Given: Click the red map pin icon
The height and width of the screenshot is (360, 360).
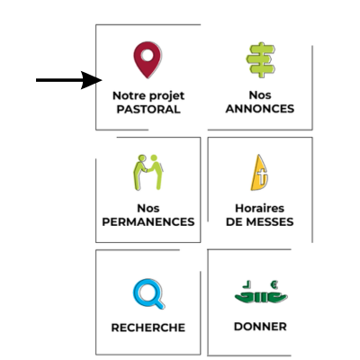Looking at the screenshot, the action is click(148, 60).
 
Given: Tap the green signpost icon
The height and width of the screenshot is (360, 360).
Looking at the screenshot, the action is click(261, 59).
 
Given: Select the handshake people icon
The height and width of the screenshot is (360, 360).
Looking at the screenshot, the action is click(148, 173).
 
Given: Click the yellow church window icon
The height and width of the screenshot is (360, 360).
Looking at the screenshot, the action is click(259, 173).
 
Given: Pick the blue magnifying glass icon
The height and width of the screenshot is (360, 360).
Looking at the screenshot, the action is click(148, 293).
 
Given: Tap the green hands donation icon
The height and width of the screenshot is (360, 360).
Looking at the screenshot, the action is click(261, 292).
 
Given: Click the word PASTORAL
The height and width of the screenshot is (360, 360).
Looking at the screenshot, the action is click(148, 109).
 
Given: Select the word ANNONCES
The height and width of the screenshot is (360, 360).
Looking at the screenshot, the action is click(260, 109).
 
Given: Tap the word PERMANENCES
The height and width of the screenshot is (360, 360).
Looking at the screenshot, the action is click(148, 221).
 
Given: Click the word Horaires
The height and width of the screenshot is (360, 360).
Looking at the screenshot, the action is click(259, 208).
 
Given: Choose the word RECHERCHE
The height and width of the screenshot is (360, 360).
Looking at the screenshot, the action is click(148, 328).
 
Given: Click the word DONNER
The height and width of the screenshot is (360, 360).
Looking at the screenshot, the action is click(260, 327).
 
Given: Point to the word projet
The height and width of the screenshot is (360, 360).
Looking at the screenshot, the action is click(167, 96).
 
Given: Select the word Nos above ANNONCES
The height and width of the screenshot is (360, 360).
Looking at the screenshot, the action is click(260, 95).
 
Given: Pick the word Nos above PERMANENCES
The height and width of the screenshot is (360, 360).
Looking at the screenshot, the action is click(148, 208).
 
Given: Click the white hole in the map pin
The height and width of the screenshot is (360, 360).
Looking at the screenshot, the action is click(148, 55).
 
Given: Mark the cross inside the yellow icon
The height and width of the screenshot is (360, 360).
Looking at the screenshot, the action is click(262, 176).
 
